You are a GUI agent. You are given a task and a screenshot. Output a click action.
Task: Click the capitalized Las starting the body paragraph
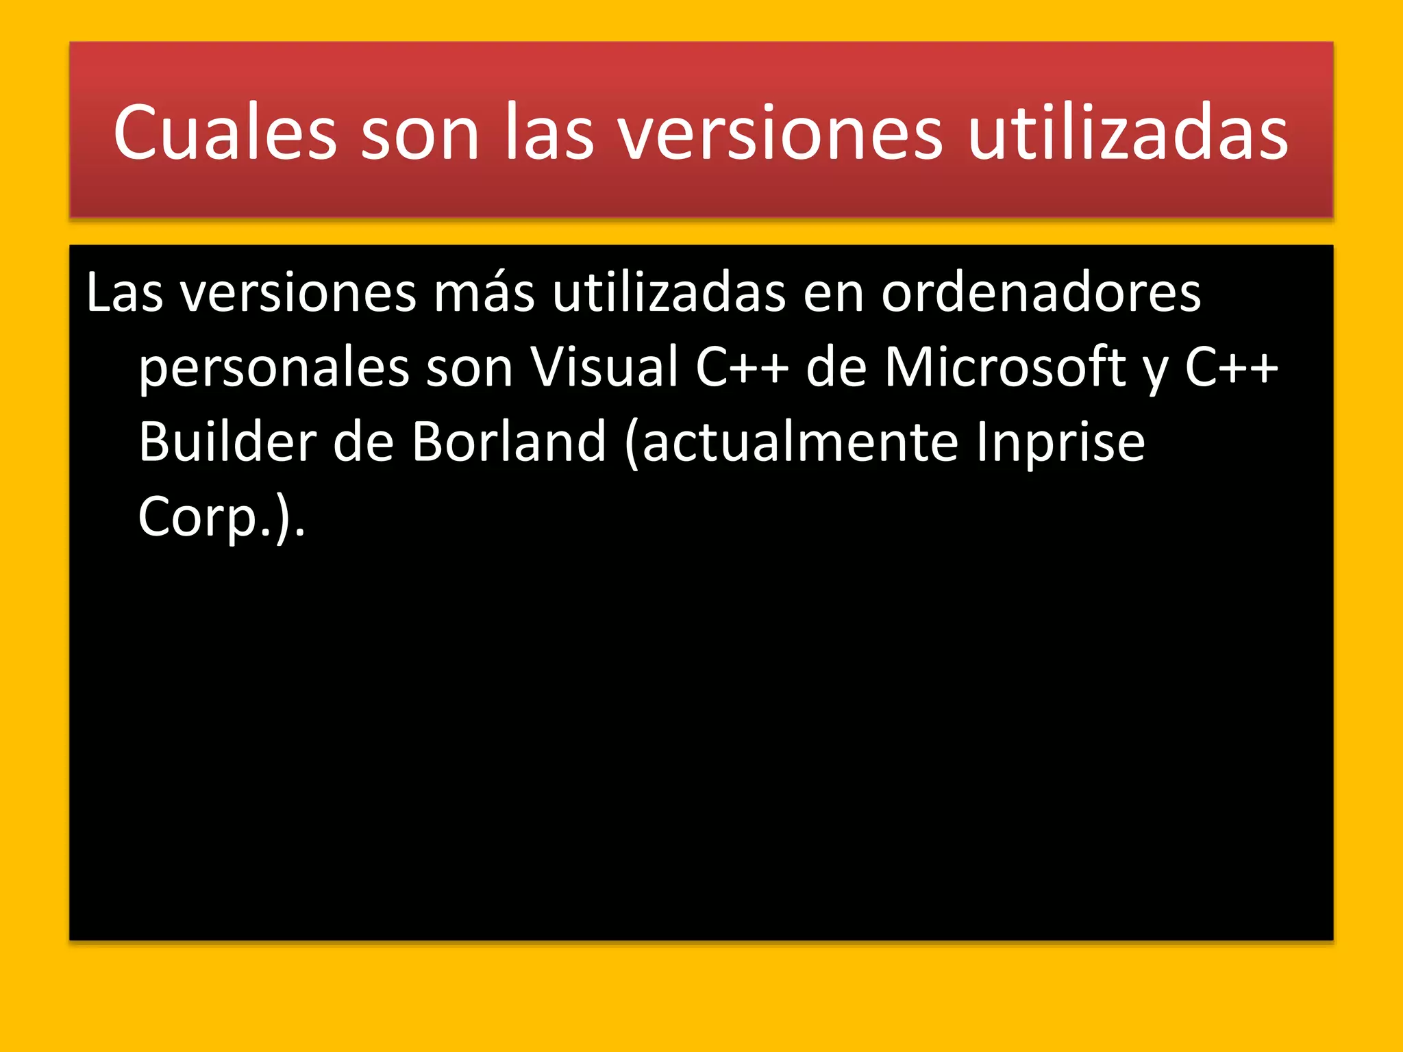coord(125,293)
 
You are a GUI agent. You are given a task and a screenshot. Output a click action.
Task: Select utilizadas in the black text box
coord(669,293)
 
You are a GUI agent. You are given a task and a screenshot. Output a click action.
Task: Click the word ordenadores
coord(1041,293)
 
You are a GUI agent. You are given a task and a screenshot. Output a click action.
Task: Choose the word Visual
coord(604,368)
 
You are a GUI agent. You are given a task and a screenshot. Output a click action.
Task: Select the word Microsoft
coord(1005,368)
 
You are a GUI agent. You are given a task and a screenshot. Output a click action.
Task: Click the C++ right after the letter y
coord(1231,368)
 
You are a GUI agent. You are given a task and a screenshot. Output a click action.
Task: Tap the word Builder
coord(227,442)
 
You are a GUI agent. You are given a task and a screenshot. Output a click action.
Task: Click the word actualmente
coord(799,442)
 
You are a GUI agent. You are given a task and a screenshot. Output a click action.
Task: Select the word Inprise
coord(1060,442)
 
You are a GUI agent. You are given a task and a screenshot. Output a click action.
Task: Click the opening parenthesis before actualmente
coord(632,443)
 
